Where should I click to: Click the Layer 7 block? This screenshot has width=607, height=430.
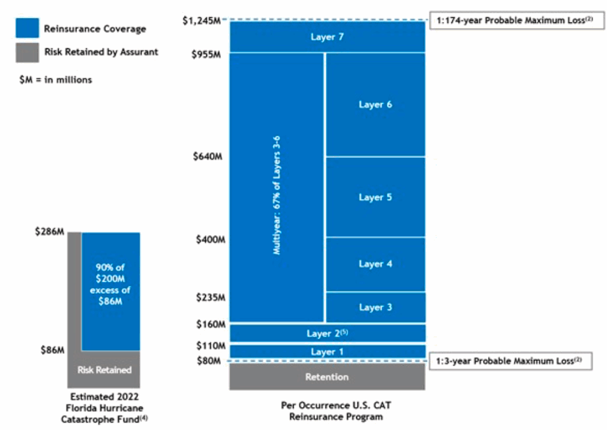click(327, 37)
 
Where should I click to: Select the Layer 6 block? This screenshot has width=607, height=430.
click(375, 105)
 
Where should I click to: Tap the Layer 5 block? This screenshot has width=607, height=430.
click(375, 197)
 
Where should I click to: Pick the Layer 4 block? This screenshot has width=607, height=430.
click(375, 264)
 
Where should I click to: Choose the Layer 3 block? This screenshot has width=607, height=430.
click(375, 307)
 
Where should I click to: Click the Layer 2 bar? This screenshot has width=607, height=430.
click(327, 333)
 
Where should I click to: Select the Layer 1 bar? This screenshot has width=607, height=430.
click(327, 352)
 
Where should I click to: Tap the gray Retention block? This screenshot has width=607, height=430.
click(327, 377)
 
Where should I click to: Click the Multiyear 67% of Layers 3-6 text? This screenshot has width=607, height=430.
click(276, 195)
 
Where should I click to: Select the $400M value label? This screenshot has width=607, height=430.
click(209, 239)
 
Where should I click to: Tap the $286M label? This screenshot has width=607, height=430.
click(49, 232)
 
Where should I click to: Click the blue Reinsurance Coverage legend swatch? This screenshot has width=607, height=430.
click(27, 28)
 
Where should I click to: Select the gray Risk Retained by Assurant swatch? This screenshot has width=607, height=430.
click(27, 52)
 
